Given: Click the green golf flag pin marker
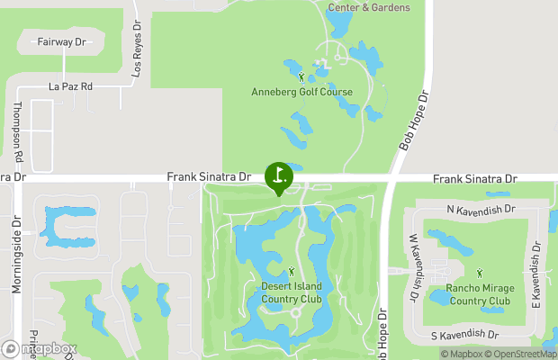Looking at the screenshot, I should pyautogui.click(x=278, y=175).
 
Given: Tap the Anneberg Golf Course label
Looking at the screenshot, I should pyautogui.click(x=301, y=92).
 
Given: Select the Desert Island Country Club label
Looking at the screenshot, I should pyautogui.click(x=291, y=293).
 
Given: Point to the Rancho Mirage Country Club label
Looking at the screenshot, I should pyautogui.click(x=478, y=295).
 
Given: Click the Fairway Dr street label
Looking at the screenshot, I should pyautogui.click(x=61, y=42).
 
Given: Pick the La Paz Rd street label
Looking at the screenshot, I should pyautogui.click(x=71, y=87).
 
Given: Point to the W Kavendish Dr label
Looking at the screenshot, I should pyautogui.click(x=415, y=266).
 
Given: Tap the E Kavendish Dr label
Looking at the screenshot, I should pyautogui.click(x=535, y=273).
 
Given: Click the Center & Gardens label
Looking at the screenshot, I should pyautogui.click(x=368, y=7).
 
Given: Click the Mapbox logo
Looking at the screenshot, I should pyautogui.click(x=40, y=348).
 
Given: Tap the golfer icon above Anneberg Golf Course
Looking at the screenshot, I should pyautogui.click(x=301, y=77).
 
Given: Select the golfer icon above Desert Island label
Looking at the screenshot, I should pyautogui.click(x=291, y=272).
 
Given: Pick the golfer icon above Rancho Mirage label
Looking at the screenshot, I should pyautogui.click(x=479, y=273).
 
